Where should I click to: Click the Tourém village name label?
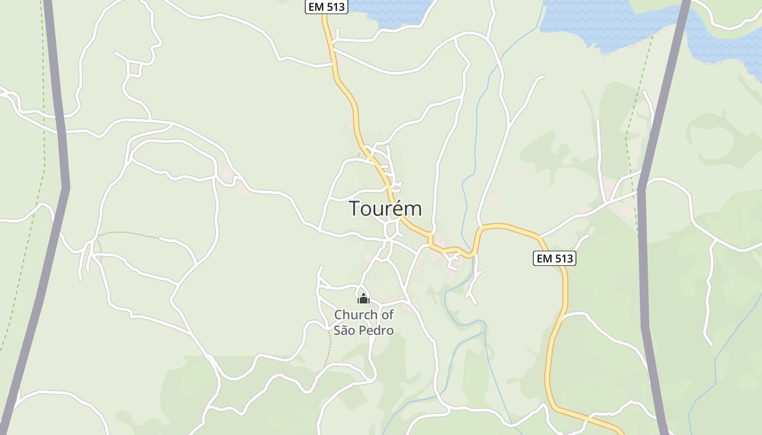point(385,209)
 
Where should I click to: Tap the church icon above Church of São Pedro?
point(364,299)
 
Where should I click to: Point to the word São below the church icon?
point(345,330)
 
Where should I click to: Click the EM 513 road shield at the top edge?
point(326,7)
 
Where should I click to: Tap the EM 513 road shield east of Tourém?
point(554,258)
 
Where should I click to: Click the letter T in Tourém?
point(354,209)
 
